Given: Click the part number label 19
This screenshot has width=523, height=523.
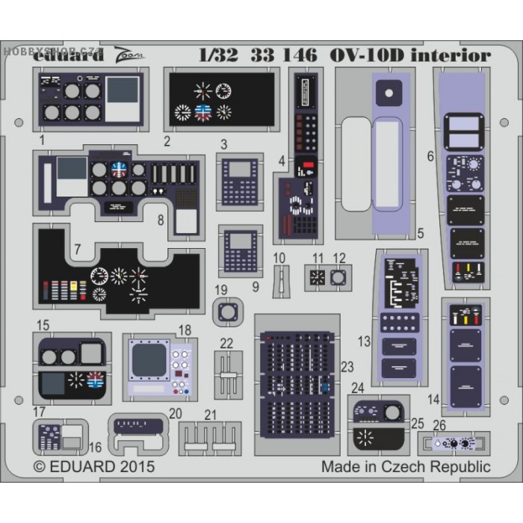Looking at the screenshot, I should [220, 290].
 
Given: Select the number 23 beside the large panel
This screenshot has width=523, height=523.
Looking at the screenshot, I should [346, 366].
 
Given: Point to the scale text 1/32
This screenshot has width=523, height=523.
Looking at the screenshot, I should [217, 55].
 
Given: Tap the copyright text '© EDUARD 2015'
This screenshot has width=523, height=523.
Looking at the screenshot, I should [94, 467].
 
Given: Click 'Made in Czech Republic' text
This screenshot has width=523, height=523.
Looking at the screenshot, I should [406, 467].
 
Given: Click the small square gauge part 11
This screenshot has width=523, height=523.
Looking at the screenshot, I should [317, 278].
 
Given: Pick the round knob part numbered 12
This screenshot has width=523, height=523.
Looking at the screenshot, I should [338, 278].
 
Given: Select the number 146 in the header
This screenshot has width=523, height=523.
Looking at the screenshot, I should [300, 55].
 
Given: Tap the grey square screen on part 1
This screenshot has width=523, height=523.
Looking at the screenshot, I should [123, 90].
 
